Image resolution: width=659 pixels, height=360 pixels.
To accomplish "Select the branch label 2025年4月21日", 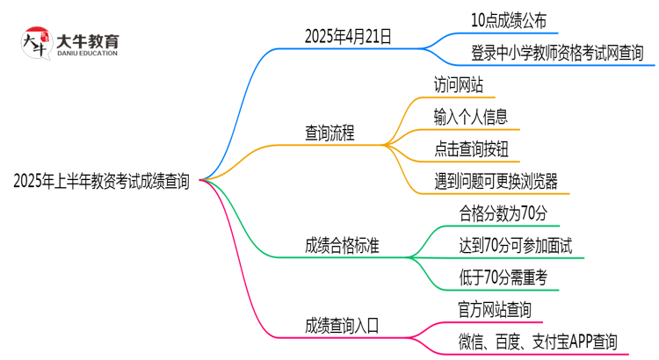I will point(348,37).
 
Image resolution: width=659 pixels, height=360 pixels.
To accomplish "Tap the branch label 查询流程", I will point(330,134).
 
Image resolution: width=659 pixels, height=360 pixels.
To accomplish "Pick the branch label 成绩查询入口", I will point(343,325).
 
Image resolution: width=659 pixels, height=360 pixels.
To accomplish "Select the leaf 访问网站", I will point(458,86).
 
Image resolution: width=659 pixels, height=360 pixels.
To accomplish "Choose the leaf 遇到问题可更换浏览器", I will point(495,182).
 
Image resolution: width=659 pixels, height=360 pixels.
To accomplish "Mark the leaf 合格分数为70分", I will point(503,213).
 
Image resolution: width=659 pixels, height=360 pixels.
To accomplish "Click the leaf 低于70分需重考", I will point(503,277).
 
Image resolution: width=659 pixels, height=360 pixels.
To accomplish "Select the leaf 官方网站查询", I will point(494,309).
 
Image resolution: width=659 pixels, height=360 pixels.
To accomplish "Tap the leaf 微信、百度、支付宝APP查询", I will point(538,341).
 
